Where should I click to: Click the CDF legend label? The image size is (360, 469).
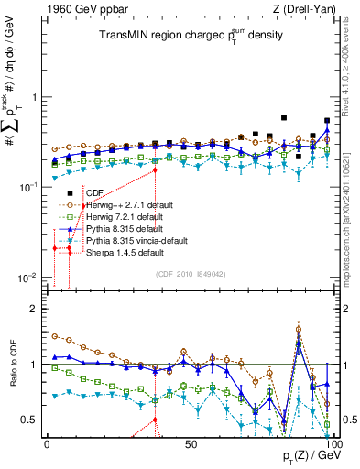[x=93, y=193]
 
